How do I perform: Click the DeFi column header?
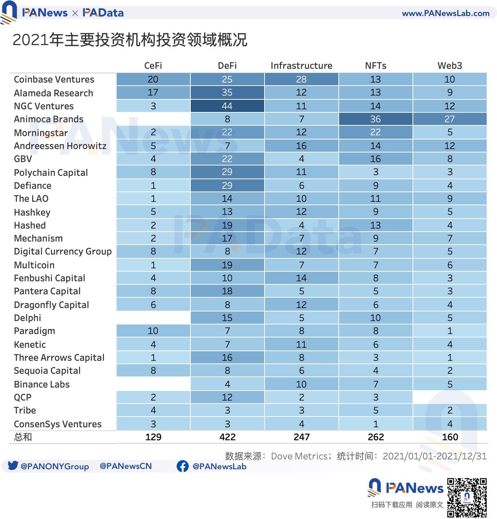tap(227, 66)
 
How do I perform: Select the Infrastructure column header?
tap(301, 66)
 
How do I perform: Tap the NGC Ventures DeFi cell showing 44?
tap(227, 106)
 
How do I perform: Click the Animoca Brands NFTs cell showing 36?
tap(375, 119)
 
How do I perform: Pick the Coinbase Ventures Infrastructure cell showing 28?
tap(301, 79)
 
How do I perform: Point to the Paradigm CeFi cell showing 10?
tap(153, 331)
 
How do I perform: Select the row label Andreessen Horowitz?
tap(60, 146)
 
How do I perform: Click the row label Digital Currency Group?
tap(63, 251)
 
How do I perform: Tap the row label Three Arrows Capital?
tap(59, 357)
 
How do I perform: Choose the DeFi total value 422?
tap(227, 437)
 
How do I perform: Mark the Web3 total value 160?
tap(450, 437)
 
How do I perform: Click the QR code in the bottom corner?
tap(467, 498)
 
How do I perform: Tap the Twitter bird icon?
tap(13, 465)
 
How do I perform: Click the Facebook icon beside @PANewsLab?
tap(183, 466)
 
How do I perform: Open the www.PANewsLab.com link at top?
tap(445, 13)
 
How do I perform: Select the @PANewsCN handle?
tap(125, 466)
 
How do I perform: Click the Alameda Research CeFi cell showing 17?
tap(153, 92)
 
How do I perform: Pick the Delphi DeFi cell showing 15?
tap(227, 318)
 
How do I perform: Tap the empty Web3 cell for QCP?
tap(450, 397)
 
